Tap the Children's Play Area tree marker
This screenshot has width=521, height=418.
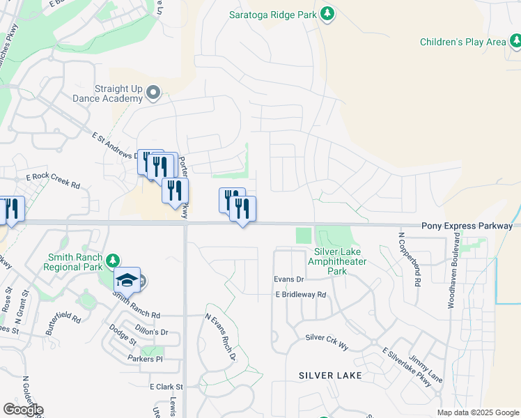click(515, 42)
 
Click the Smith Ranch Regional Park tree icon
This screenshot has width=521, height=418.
click(113, 261)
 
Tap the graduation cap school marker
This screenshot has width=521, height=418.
click(127, 280)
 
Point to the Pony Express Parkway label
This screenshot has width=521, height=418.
click(467, 226)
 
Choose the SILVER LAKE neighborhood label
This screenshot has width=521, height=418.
click(330, 376)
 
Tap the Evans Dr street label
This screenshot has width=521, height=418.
click(289, 279)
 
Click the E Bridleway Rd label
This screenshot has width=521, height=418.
click(300, 295)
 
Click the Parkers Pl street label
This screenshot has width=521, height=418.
click(145, 359)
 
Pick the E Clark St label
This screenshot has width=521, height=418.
click(166, 387)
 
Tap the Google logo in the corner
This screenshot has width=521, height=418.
click(23, 410)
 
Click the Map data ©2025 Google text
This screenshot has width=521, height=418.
click(478, 412)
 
